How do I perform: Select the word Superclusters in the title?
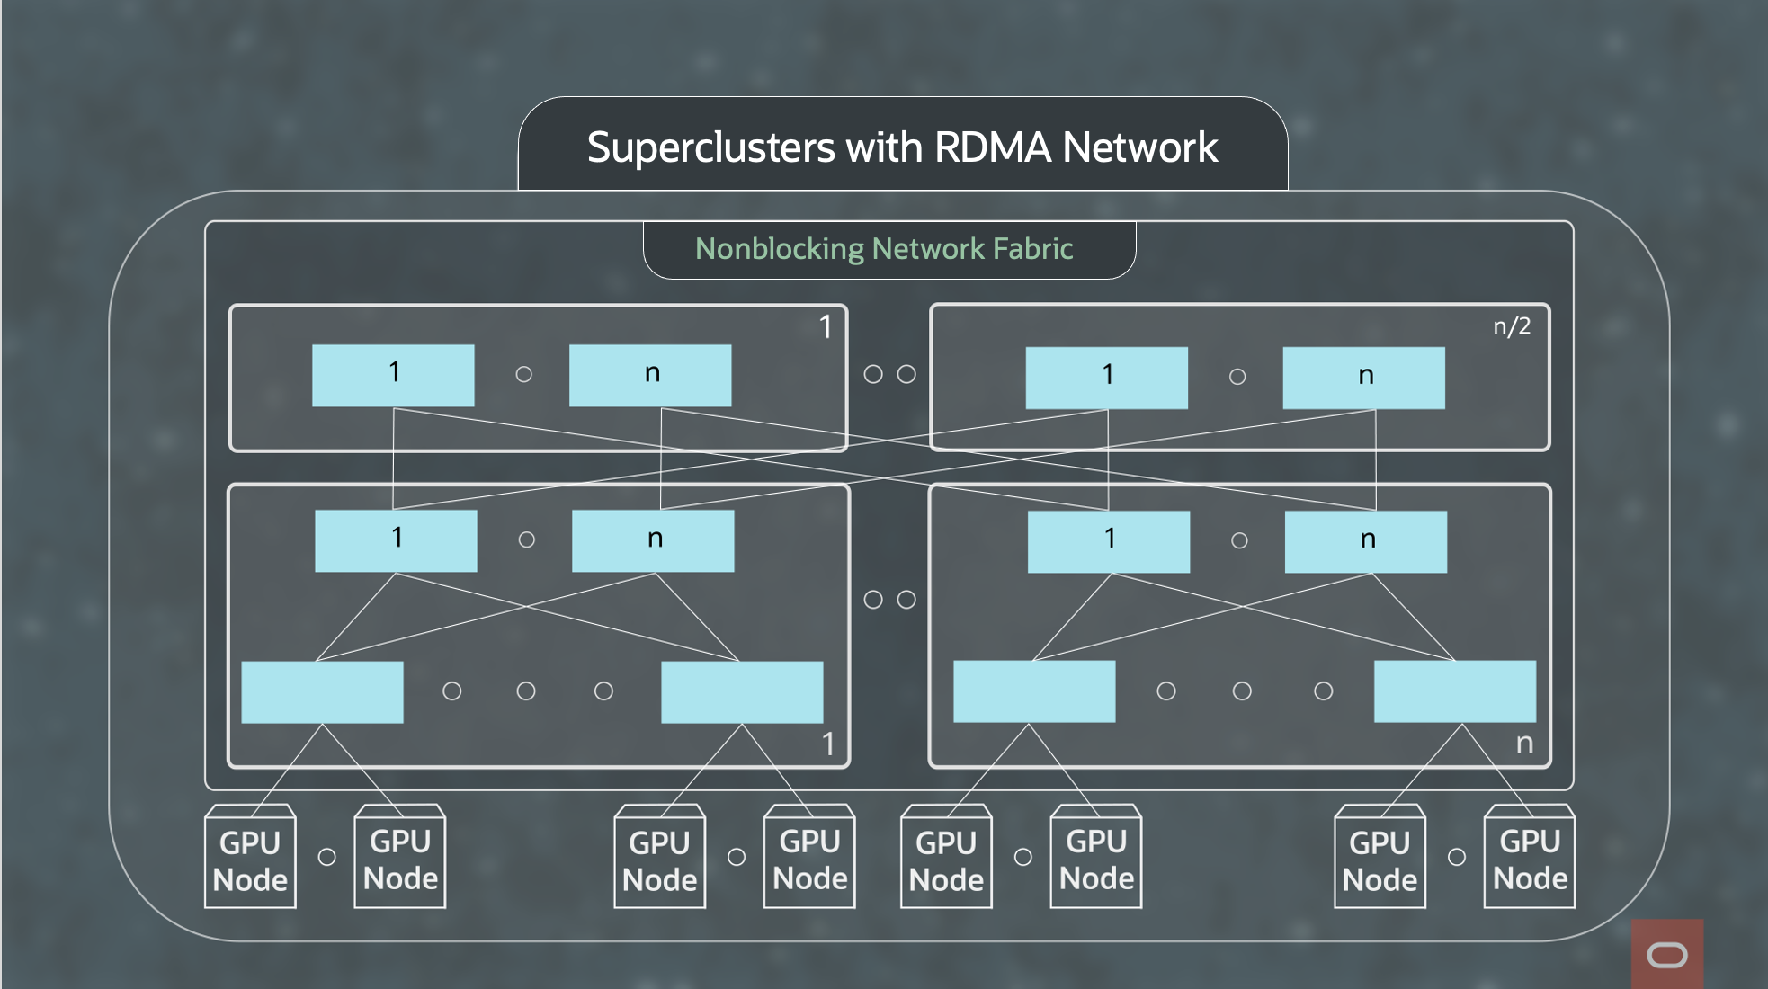point(710,147)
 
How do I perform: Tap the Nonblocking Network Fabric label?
point(884,248)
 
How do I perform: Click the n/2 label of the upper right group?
point(1512,326)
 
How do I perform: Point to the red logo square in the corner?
point(1666,954)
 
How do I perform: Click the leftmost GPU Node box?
point(250,860)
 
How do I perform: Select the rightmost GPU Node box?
point(1530,860)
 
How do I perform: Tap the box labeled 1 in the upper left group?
point(393,375)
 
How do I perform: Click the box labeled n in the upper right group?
point(1363,378)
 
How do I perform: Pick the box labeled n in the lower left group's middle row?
point(653,540)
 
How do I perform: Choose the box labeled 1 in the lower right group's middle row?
point(1109,541)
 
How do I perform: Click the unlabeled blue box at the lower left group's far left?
point(322,692)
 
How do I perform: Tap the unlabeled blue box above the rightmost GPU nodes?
point(1454,691)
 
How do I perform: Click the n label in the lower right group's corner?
point(1524,744)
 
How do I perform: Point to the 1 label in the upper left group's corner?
point(825,327)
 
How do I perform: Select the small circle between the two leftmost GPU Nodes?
point(326,857)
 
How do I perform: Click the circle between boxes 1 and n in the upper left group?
point(523,374)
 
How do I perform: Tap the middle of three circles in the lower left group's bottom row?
point(526,691)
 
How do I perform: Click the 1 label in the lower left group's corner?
point(827,744)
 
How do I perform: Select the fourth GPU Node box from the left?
point(809,860)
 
